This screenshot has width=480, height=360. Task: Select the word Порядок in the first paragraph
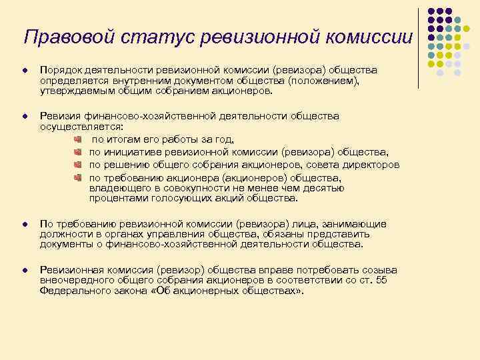tap(60, 70)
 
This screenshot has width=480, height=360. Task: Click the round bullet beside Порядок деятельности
tap(24, 71)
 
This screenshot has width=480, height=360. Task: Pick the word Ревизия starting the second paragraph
tap(59, 116)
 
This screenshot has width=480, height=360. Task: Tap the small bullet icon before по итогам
tap(77, 139)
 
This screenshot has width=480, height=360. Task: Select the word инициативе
tap(132, 151)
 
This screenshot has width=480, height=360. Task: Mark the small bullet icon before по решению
tap(77, 164)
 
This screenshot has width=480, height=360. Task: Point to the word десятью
tap(325, 188)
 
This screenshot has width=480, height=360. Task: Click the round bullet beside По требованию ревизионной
tap(24, 225)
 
